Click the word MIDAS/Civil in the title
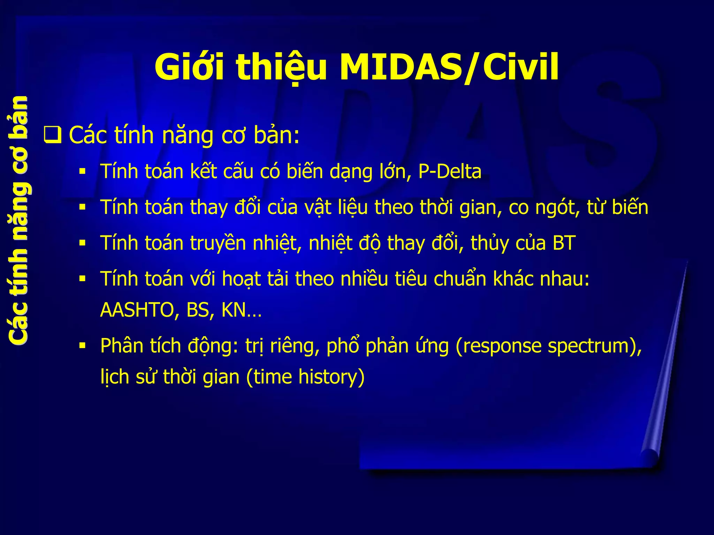[449, 67]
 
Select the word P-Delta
[450, 172]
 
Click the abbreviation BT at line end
[564, 243]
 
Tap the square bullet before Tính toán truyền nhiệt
[82, 243]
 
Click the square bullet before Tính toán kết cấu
[82, 172]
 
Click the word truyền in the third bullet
[218, 243]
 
